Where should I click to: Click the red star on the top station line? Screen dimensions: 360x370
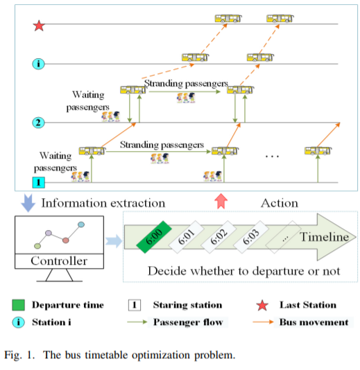(x=39, y=26)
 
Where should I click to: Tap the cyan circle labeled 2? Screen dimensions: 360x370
(x=38, y=123)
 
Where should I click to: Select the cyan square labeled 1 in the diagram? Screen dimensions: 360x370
(x=39, y=182)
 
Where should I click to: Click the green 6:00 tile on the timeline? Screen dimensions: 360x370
(x=154, y=237)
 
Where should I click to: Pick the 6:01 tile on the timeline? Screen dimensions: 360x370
(x=186, y=237)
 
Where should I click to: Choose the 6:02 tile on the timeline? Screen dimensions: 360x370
(x=218, y=237)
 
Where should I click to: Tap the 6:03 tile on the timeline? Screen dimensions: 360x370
(x=251, y=237)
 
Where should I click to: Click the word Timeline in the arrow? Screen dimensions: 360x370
(x=324, y=237)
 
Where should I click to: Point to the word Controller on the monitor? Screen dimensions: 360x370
(x=59, y=261)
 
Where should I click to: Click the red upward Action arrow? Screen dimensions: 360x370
(x=221, y=201)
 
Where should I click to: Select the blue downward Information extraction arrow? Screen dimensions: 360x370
(x=28, y=203)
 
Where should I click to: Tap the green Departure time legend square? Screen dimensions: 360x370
(x=19, y=305)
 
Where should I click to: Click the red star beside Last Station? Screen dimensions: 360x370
(x=262, y=306)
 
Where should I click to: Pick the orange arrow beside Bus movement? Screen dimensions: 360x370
(x=263, y=321)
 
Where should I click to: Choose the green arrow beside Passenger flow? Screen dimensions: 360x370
(x=137, y=322)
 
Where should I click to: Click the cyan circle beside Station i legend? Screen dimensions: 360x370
(x=19, y=322)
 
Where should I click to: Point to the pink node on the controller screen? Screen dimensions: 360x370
(x=66, y=240)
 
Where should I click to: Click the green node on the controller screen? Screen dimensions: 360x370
(x=37, y=246)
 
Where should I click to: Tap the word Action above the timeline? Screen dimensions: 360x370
(x=280, y=203)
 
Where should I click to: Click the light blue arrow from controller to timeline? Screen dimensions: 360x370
(x=114, y=241)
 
